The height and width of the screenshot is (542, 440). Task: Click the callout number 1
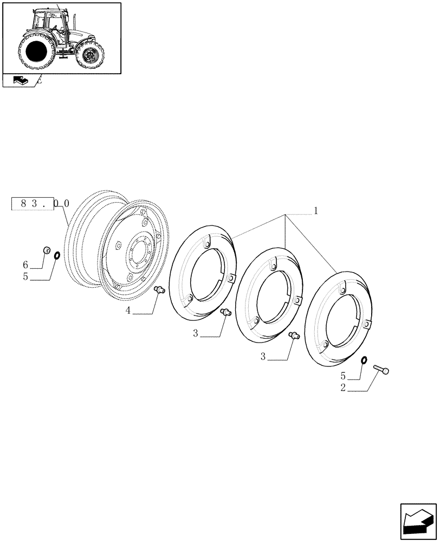click(x=316, y=210)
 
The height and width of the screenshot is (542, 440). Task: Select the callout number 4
click(x=128, y=311)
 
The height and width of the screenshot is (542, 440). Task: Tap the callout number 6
click(x=25, y=264)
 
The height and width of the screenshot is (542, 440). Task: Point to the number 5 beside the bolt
click(x=343, y=375)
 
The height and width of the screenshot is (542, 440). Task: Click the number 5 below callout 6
click(x=25, y=276)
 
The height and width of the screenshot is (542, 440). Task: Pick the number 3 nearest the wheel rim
click(x=196, y=333)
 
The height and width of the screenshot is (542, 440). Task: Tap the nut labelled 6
click(x=46, y=250)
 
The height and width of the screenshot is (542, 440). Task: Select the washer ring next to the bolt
click(x=364, y=360)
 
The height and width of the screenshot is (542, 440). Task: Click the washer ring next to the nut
click(x=57, y=255)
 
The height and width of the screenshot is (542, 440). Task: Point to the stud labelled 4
click(x=159, y=291)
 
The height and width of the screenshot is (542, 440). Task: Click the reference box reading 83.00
click(x=40, y=204)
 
